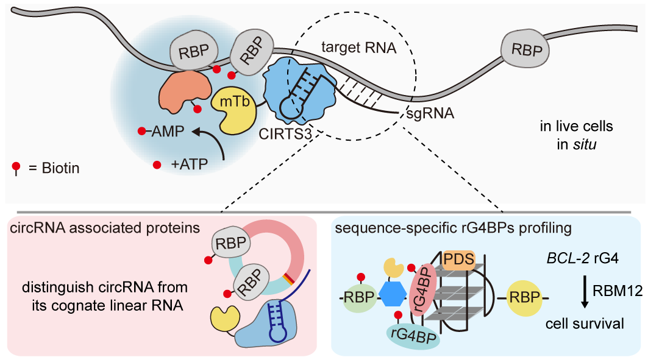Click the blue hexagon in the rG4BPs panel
(x=393, y=295)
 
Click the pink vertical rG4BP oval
(x=422, y=286)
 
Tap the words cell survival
(x=585, y=323)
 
